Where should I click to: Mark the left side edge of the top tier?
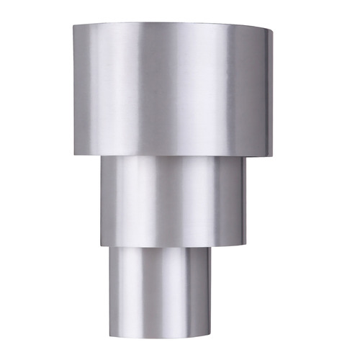(x=73, y=86)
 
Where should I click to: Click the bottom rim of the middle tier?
(x=173, y=247)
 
